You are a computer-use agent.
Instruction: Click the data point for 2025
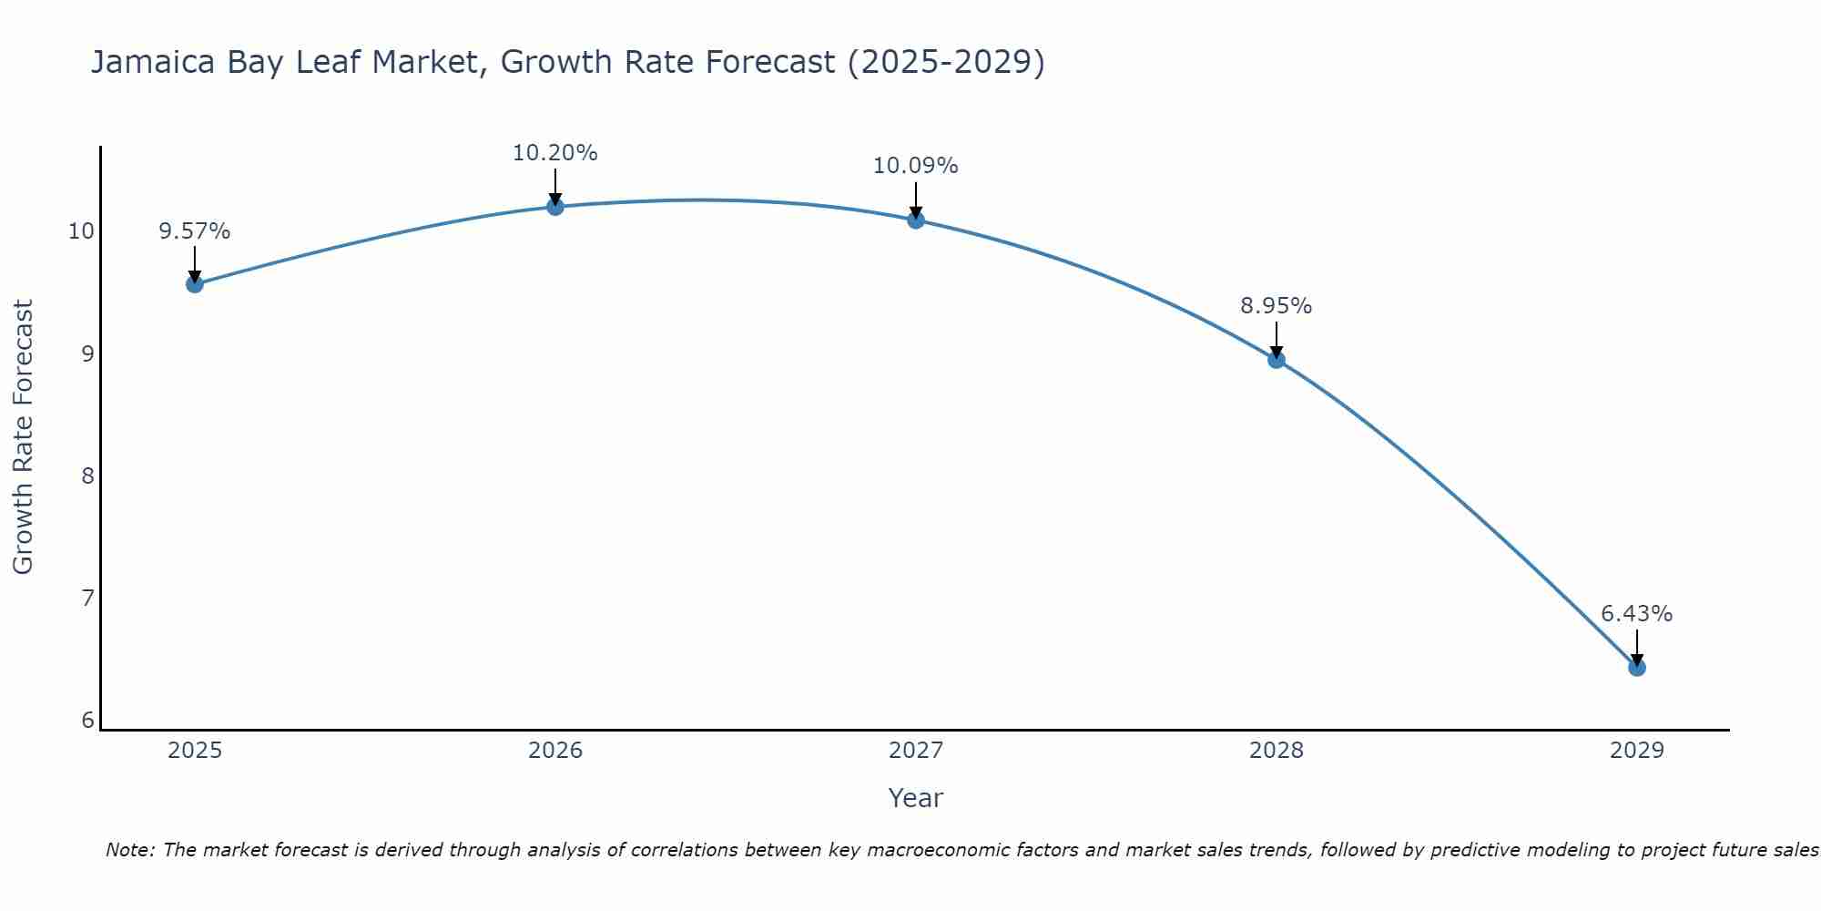[195, 284]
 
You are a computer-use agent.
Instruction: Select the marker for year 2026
[555, 207]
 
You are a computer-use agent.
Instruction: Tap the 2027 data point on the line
[916, 220]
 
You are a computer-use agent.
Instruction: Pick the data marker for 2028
[1277, 360]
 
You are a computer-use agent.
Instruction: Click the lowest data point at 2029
[1637, 668]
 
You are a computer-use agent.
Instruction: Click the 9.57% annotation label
[195, 231]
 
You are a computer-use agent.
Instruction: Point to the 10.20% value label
[555, 153]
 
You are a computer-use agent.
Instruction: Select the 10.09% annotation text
[916, 166]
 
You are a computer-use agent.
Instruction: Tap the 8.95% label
[1277, 306]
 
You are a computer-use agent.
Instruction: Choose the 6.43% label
[1637, 614]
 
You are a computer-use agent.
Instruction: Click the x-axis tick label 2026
[555, 751]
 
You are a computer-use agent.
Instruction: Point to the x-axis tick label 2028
[1277, 751]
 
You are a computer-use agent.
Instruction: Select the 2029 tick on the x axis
[1637, 751]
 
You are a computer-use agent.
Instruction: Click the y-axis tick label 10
[82, 231]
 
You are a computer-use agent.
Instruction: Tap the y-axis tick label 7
[87, 599]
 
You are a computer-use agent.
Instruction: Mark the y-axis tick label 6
[87, 721]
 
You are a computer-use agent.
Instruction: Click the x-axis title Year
[916, 798]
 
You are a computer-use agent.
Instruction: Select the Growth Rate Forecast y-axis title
[23, 437]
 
